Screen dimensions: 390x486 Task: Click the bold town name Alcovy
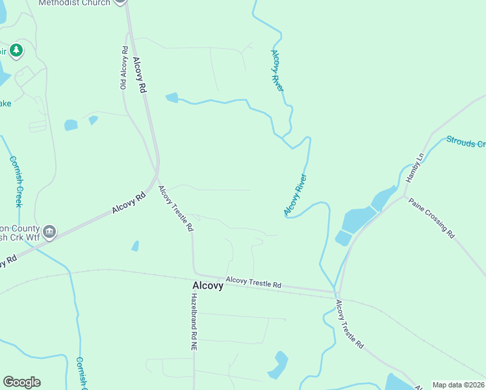tap(207, 285)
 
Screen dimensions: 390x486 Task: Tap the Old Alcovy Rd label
tap(123, 68)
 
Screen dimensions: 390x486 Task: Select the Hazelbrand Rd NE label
tap(194, 322)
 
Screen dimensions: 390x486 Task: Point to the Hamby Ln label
tap(415, 168)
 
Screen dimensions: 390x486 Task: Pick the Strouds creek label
tap(465, 142)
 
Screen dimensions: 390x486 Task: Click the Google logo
tap(21, 382)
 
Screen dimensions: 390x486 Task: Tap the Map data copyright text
tap(459, 385)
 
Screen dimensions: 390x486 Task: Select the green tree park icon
tap(17, 50)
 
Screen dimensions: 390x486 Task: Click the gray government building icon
tap(49, 231)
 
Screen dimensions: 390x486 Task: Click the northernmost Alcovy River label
tap(277, 70)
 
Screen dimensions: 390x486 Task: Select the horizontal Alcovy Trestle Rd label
tap(253, 284)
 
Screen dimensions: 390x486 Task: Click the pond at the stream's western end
tap(172, 97)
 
